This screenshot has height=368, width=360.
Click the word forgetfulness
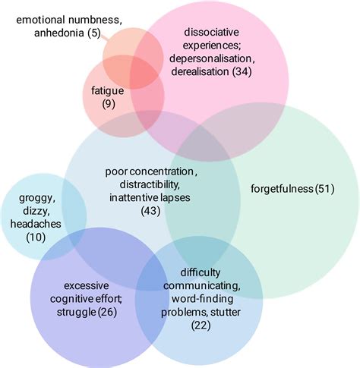[x=281, y=189]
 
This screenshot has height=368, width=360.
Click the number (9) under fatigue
[x=109, y=103]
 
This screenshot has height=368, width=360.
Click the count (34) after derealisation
[x=246, y=71]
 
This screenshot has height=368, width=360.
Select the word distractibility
[x=147, y=185]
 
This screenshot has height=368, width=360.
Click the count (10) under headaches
[x=34, y=238]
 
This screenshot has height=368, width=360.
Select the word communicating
[x=210, y=285]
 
